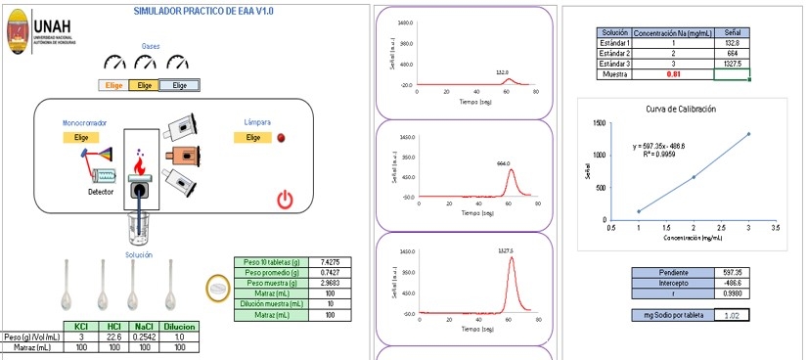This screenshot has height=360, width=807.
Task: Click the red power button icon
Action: pyautogui.click(x=285, y=201)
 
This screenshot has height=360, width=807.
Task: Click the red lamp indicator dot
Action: pyautogui.click(x=281, y=138)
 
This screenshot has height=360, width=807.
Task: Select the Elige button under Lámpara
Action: pyautogui.click(x=252, y=138)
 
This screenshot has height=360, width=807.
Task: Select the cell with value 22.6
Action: pyautogui.click(x=113, y=337)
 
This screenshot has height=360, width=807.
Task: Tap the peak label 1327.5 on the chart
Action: pyautogui.click(x=505, y=250)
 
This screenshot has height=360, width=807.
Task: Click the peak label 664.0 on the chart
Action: pyautogui.click(x=504, y=163)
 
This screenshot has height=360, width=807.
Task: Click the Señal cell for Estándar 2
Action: pyautogui.click(x=732, y=53)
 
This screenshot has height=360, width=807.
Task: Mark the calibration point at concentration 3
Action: pyautogui.click(x=749, y=133)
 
